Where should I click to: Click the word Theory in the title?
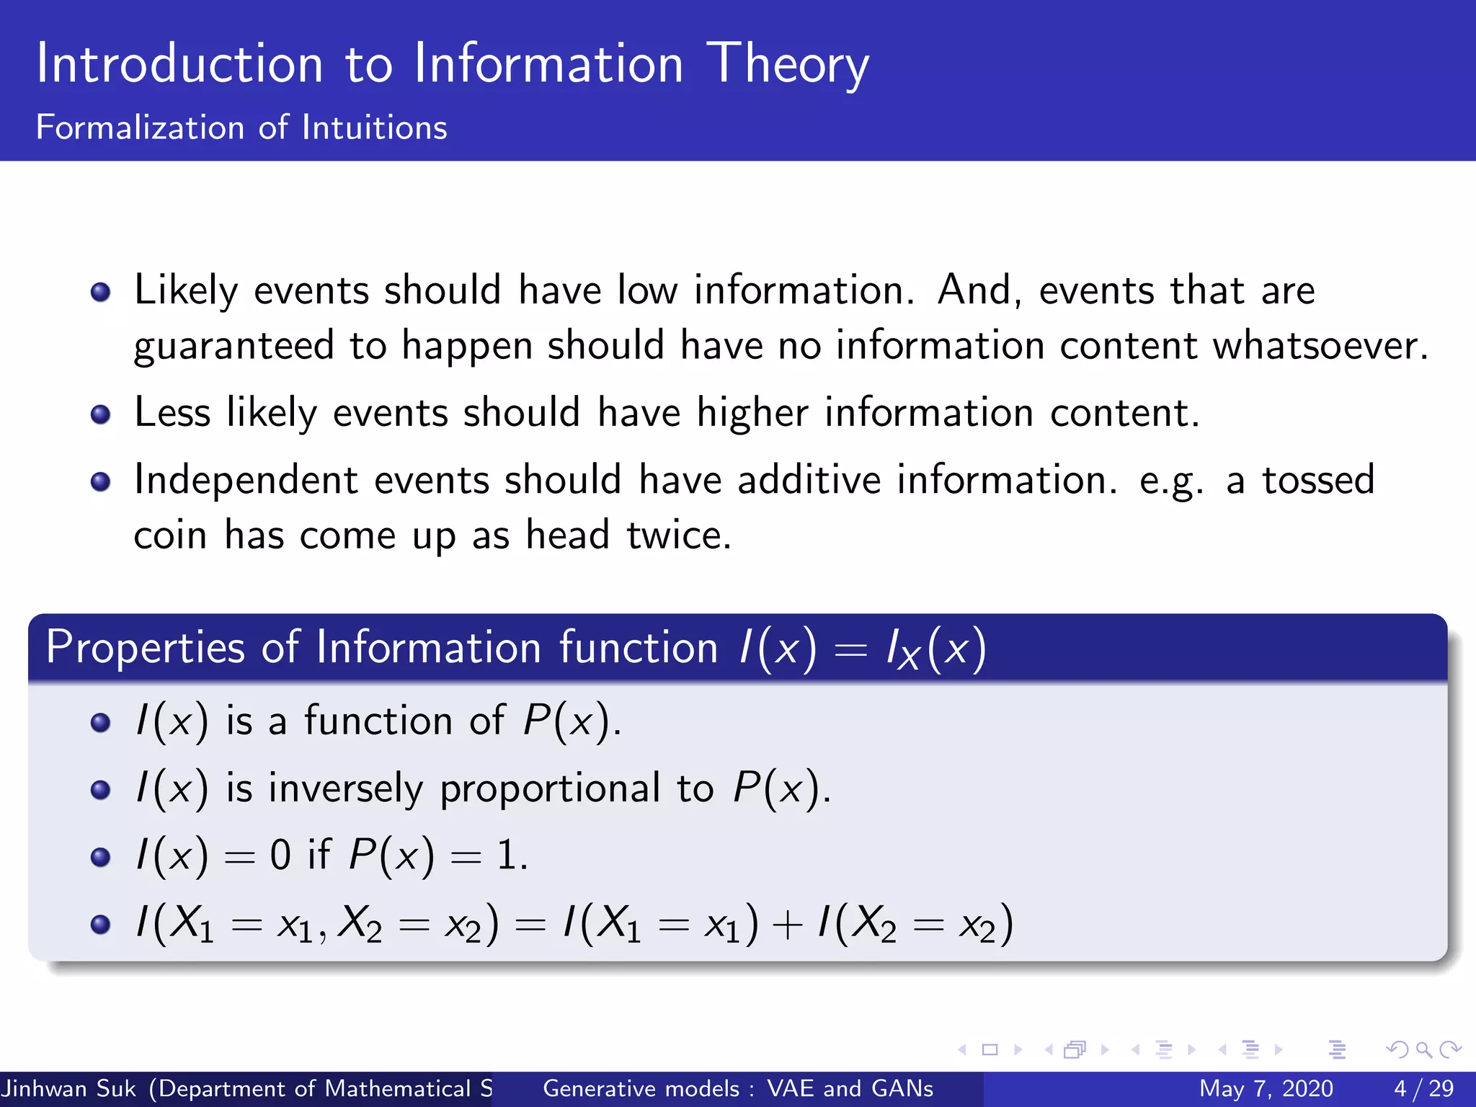(787, 65)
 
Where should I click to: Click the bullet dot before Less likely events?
(101, 414)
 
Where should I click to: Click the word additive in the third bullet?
(809, 480)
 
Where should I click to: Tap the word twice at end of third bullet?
(678, 535)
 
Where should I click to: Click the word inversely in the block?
(345, 788)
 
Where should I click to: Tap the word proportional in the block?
(551, 789)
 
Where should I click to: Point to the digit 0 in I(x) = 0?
(280, 855)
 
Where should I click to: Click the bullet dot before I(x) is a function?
(101, 722)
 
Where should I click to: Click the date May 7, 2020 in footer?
(1266, 1088)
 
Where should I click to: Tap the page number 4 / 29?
(1423, 1088)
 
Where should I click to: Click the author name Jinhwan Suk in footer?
(68, 1088)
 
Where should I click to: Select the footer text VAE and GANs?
(850, 1088)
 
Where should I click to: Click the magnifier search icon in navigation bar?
(1423, 1049)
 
